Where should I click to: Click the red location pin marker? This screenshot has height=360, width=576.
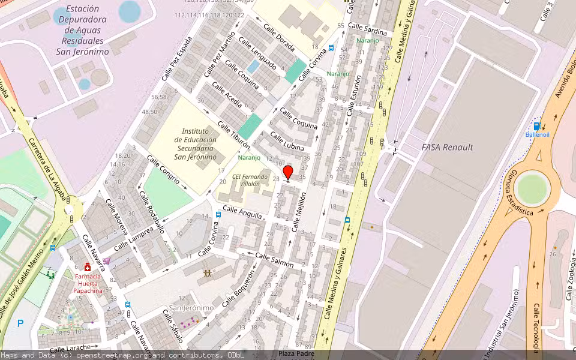[x=288, y=173]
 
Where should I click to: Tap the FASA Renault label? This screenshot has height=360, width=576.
[x=447, y=147]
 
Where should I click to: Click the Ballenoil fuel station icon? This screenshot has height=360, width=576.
[x=537, y=126]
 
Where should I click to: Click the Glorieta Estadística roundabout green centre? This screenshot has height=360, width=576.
[x=532, y=188]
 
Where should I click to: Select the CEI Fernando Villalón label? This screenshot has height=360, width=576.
[x=250, y=179]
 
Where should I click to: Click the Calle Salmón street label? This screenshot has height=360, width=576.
[x=274, y=260]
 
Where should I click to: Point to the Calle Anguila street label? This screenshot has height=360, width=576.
[x=242, y=212]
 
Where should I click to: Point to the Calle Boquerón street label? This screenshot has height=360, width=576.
[x=238, y=288]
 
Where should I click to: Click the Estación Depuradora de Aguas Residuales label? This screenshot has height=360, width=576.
[x=83, y=30]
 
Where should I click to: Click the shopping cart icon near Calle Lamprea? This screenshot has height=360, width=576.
[x=107, y=260]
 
